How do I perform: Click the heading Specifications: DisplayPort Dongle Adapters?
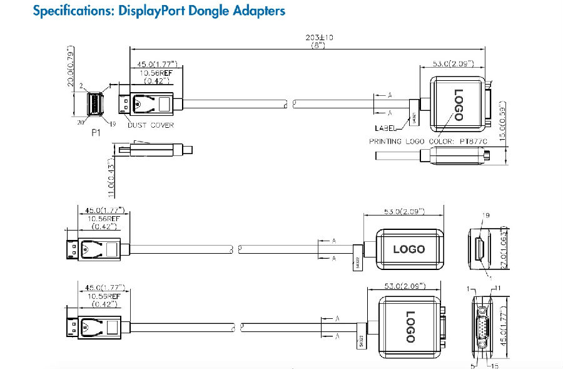click(x=159, y=11)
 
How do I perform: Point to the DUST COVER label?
click(x=151, y=125)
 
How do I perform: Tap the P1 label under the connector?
click(x=96, y=132)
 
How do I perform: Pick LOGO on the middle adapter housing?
click(x=408, y=249)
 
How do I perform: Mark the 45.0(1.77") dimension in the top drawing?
click(x=154, y=64)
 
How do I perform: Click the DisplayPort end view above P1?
click(x=94, y=104)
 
